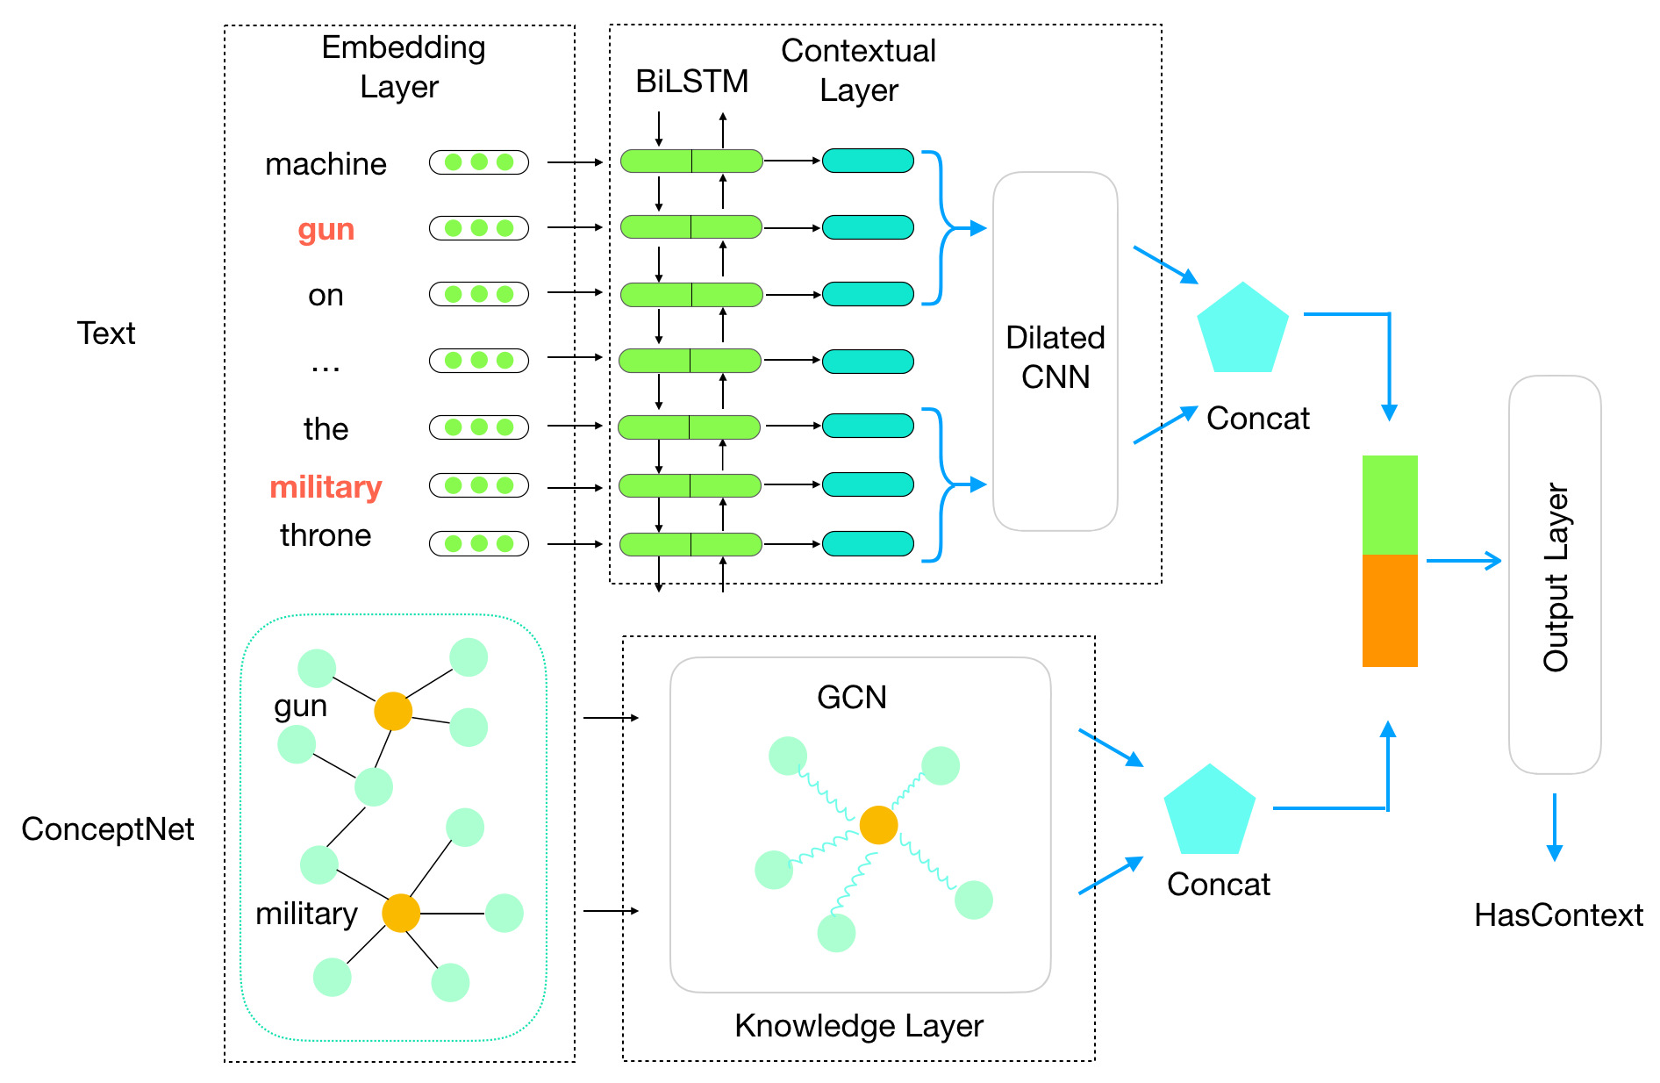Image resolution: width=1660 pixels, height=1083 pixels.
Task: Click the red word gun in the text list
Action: [x=326, y=230]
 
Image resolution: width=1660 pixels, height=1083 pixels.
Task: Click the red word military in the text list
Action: [x=326, y=487]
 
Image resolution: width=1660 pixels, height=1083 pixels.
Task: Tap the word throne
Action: [x=326, y=535]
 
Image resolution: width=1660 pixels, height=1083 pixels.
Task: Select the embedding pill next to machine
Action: [x=478, y=162]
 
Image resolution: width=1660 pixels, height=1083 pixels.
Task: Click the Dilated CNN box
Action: [x=1055, y=352]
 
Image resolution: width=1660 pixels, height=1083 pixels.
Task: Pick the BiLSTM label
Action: [x=691, y=82]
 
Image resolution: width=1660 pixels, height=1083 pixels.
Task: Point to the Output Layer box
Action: [x=1555, y=575]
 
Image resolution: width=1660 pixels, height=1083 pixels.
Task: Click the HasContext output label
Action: [x=1558, y=915]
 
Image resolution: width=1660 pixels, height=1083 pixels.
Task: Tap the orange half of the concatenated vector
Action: [x=1390, y=611]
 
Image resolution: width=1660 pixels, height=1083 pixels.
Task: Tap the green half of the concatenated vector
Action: [x=1390, y=505]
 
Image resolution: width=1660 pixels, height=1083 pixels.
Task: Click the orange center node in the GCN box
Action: [x=878, y=825]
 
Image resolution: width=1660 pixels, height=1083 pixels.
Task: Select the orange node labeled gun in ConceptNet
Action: [x=393, y=711]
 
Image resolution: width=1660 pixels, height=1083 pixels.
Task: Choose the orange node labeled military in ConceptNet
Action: [x=401, y=914]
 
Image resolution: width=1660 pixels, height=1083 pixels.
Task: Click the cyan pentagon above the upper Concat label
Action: [x=1242, y=330]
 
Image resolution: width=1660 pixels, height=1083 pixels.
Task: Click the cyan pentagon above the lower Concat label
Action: [x=1210, y=812]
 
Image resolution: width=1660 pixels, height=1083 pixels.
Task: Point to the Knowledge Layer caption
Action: [x=859, y=1026]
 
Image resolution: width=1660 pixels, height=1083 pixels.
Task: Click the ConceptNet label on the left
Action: [x=107, y=829]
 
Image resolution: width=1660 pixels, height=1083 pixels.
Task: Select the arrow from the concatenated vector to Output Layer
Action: [x=1463, y=561]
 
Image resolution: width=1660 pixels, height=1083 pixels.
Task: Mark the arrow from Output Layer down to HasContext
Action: [x=1555, y=827]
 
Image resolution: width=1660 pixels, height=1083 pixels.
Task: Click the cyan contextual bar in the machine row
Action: [x=868, y=161]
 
